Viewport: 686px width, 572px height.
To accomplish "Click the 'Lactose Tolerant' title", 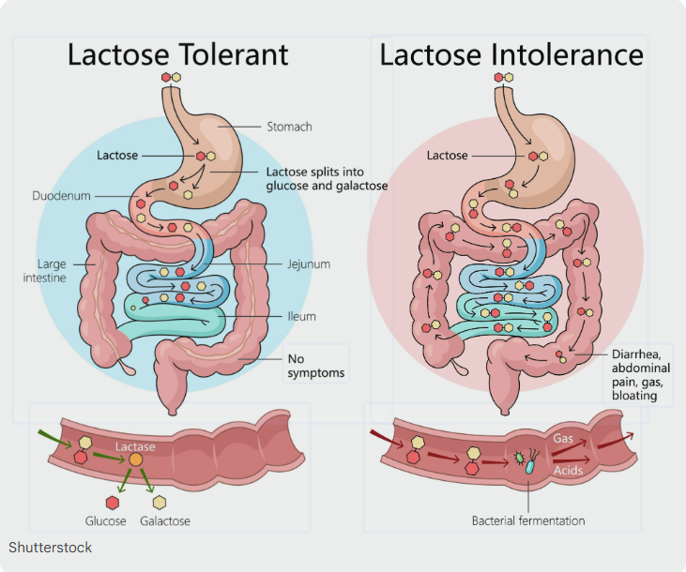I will click(177, 54).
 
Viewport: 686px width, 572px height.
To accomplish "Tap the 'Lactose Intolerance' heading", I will click(511, 54).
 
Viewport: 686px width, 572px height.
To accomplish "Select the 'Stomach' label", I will click(289, 127).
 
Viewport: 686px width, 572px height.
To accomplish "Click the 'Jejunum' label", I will click(309, 264).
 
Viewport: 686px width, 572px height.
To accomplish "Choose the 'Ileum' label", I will click(302, 317).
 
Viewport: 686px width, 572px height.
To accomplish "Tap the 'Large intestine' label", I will click(52, 271).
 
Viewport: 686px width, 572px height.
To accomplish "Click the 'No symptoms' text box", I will click(315, 366).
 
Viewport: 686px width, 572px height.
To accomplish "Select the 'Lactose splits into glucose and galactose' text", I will click(327, 179).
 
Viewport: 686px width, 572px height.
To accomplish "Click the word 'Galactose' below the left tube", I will click(165, 520).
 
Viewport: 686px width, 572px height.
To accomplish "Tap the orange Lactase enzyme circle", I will click(136, 461).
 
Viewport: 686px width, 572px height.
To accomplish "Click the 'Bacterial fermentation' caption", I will click(528, 520).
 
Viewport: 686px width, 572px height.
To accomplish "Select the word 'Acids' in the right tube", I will click(570, 469).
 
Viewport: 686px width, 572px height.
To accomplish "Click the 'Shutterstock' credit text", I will click(51, 547).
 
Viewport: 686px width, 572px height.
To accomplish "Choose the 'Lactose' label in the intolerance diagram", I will click(447, 156).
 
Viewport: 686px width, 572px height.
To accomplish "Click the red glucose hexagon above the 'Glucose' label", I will click(114, 500).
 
